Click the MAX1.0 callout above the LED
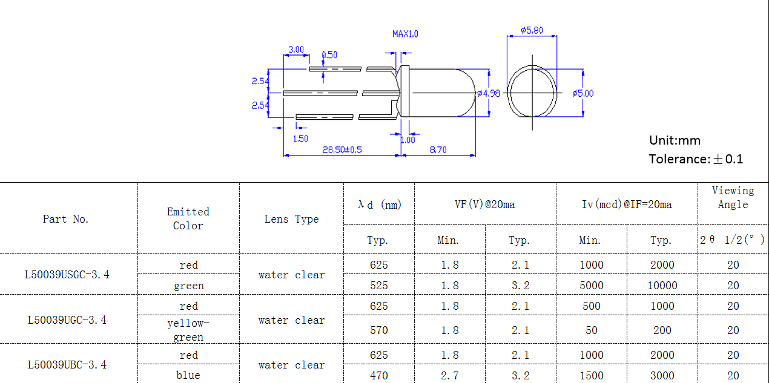(405, 34)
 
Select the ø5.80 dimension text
(532, 30)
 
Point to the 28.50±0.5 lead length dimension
(342, 149)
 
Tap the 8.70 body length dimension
(437, 149)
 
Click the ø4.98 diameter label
(489, 93)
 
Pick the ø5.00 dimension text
(583, 93)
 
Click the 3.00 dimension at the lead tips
(296, 50)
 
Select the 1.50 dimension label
(300, 139)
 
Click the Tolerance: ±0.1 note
(696, 159)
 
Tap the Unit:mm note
(675, 140)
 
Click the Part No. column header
(66, 219)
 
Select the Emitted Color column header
(188, 218)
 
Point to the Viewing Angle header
(733, 198)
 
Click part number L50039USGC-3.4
(67, 274)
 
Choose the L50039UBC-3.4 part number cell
(67, 364)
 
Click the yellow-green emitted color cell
(188, 330)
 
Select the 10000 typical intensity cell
(662, 285)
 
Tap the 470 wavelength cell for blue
(378, 375)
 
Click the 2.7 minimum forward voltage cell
(449, 375)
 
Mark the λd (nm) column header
(379, 205)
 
